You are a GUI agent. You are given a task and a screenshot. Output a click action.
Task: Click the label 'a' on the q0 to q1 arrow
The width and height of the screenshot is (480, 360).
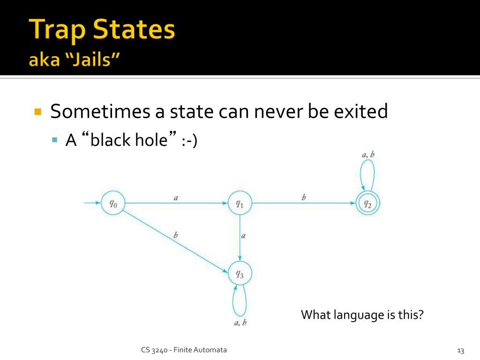coord(176,198)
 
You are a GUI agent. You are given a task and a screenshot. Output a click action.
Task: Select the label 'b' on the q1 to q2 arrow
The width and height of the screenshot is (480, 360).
coord(304,197)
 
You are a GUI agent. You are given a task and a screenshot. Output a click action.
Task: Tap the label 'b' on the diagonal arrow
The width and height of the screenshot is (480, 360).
coord(175,235)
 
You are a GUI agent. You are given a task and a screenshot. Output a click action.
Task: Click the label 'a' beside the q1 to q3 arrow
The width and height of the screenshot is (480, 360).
coord(243,236)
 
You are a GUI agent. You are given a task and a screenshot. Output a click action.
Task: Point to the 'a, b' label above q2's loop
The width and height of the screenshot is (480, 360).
coord(368,155)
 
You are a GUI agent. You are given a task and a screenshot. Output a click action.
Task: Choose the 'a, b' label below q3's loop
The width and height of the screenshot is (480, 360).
coord(240,322)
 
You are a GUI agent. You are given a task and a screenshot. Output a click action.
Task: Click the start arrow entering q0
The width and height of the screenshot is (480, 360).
coord(92,202)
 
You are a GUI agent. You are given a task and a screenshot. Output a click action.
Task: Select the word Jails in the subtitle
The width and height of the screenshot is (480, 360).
coord(91,59)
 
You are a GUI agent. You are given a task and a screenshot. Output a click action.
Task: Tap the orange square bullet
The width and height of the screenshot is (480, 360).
coord(38,112)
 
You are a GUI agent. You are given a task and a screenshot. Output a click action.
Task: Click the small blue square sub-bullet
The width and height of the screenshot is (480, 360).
coord(55,140)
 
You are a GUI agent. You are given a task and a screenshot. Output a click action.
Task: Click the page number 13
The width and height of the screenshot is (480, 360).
coord(460,351)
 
